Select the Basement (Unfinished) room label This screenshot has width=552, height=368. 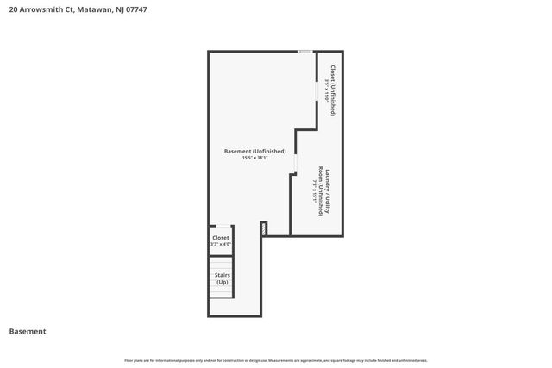pyautogui.click(x=254, y=151)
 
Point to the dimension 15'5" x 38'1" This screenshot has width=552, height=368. pyautogui.click(x=254, y=158)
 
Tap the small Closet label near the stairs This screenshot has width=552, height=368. pyautogui.click(x=221, y=237)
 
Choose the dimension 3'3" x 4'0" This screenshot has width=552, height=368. pyautogui.click(x=221, y=244)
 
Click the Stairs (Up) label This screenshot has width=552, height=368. pyautogui.click(x=222, y=278)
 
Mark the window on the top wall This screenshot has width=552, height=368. pyautogui.click(x=305, y=52)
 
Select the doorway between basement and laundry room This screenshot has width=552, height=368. pyautogui.click(x=295, y=163)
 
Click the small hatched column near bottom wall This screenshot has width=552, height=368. pyautogui.click(x=264, y=228)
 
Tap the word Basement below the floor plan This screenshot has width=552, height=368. pyautogui.click(x=28, y=331)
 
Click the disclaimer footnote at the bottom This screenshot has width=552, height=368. pyautogui.click(x=275, y=360)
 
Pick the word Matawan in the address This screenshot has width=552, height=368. pyautogui.click(x=96, y=9)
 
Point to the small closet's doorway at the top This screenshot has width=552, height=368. pyautogui.click(x=221, y=227)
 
